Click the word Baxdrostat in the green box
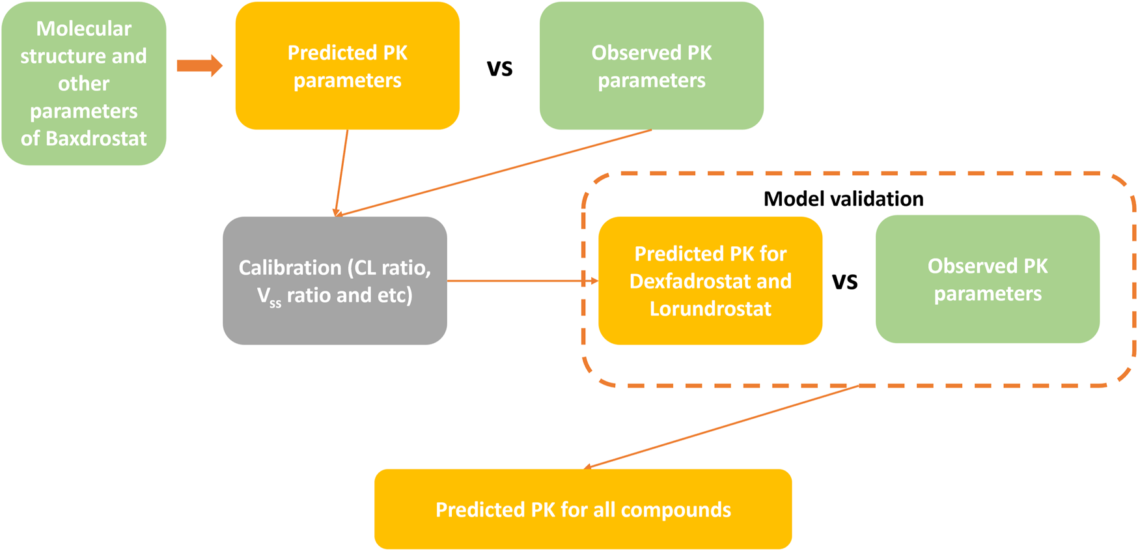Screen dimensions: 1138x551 coord(96,139)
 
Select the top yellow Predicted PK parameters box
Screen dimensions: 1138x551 coord(348,66)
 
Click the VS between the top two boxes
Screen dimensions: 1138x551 coord(500,68)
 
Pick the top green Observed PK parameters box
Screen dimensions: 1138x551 coord(652,66)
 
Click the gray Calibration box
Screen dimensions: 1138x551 coord(335,281)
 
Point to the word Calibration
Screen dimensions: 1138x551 coord(290,268)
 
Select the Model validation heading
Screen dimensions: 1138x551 coord(843,199)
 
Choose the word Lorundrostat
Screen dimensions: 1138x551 coord(710,308)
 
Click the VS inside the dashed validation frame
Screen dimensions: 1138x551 coord(845,281)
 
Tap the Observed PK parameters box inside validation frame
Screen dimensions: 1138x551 coord(988,279)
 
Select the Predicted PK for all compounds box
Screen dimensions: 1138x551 coord(583,509)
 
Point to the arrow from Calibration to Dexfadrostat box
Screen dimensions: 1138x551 coord(523,281)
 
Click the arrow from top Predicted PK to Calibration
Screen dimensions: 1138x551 coord(342,173)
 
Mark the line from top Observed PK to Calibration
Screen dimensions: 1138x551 coord(494,173)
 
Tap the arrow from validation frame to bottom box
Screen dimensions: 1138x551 coord(721,427)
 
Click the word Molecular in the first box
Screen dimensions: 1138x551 coord(83,29)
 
